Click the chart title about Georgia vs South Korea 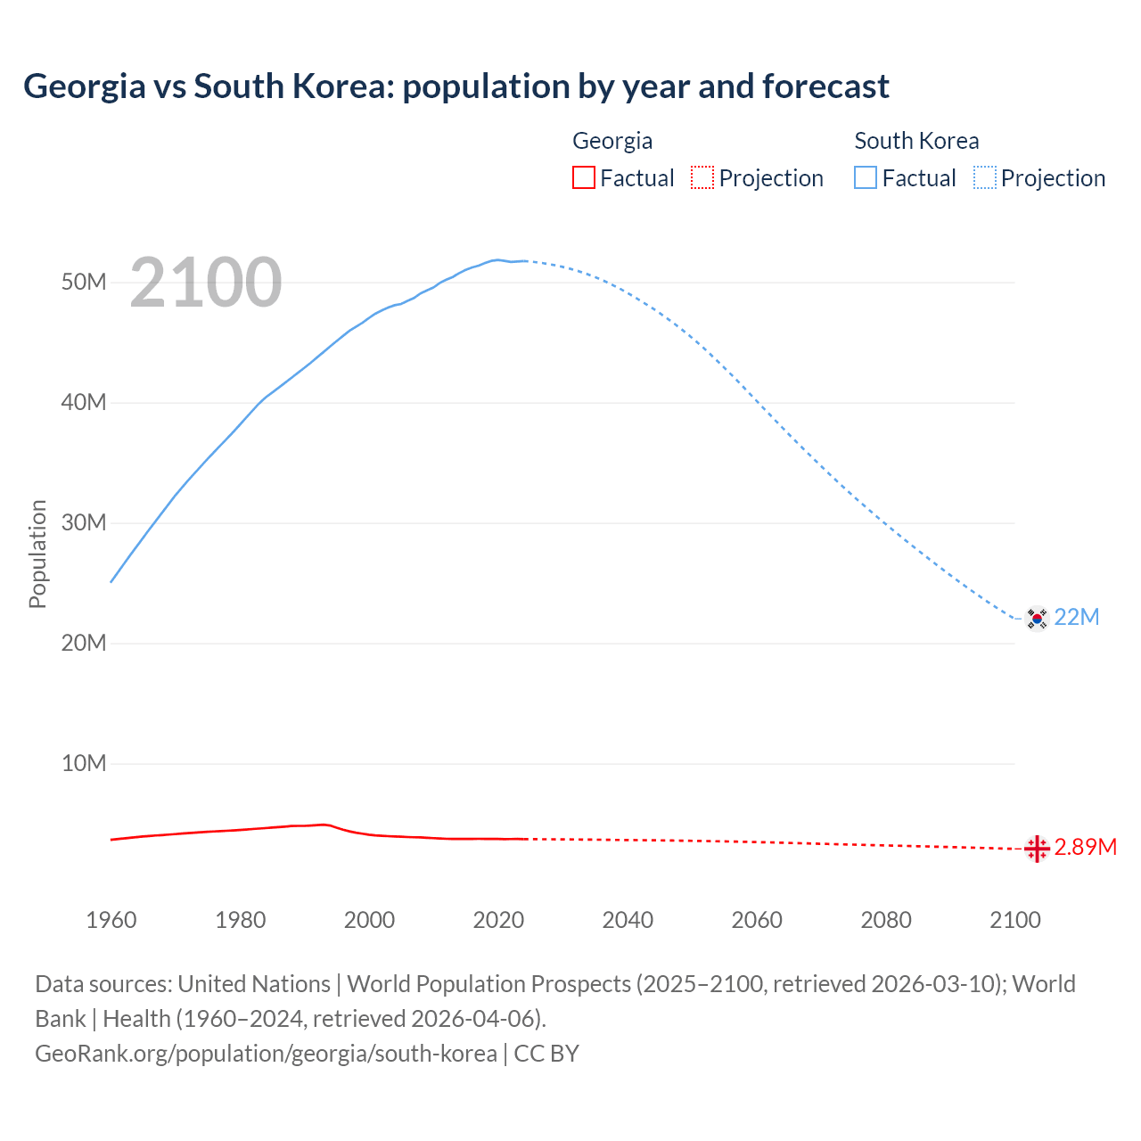(x=456, y=86)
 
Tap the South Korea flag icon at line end (x=1036, y=618)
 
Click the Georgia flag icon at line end (x=1036, y=849)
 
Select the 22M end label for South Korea (x=1077, y=617)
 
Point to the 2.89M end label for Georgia (x=1085, y=847)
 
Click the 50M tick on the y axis (x=84, y=283)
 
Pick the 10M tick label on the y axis (x=84, y=764)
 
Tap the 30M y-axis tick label (x=84, y=523)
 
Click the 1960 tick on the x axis (x=111, y=920)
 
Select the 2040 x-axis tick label (x=628, y=920)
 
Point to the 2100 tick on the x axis (x=1014, y=920)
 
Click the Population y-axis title (x=37, y=554)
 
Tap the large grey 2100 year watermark (x=206, y=283)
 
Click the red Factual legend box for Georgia (x=584, y=178)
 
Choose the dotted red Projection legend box (x=702, y=178)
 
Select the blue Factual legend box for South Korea (x=866, y=178)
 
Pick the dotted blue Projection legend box (x=985, y=178)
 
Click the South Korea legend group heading (x=916, y=141)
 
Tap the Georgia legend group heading (x=612, y=141)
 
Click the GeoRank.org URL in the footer (x=266, y=1054)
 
